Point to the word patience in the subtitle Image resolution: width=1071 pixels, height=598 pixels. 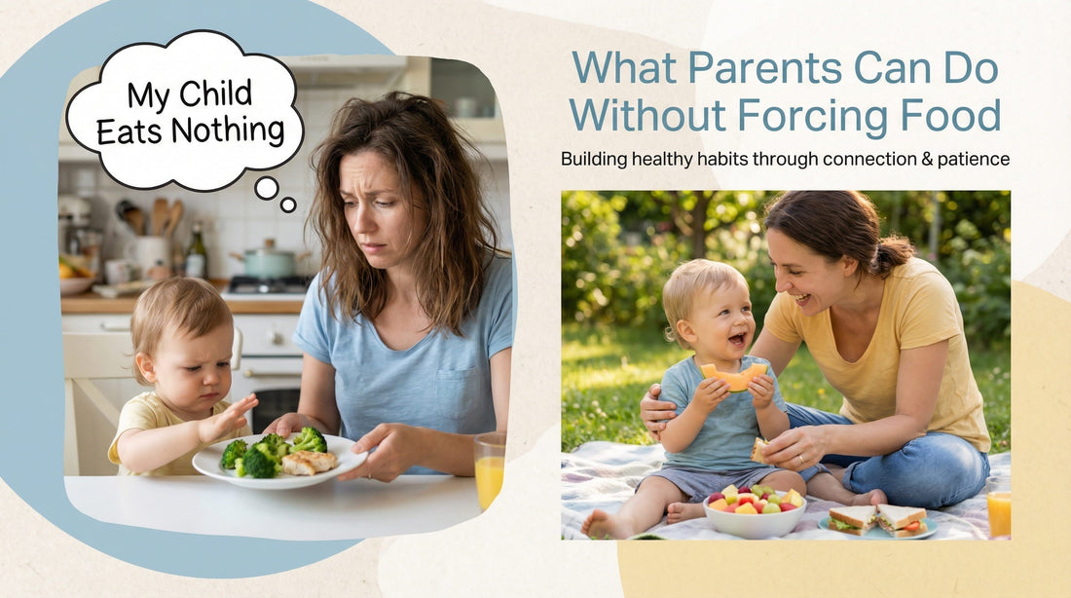coord(972,159)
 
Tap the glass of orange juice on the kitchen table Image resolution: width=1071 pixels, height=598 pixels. coord(490,470)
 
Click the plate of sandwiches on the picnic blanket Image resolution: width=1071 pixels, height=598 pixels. coord(879,521)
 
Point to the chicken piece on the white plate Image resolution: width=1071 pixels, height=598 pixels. coord(311,462)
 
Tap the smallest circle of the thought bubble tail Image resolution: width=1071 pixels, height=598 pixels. coord(288,205)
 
